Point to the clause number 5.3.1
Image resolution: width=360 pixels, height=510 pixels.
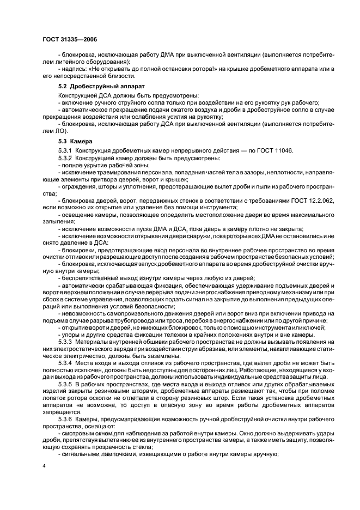(x=65, y=150)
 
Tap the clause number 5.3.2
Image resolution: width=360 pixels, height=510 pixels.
(x=65, y=157)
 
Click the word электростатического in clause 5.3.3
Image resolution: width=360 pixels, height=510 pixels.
(x=78, y=348)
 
